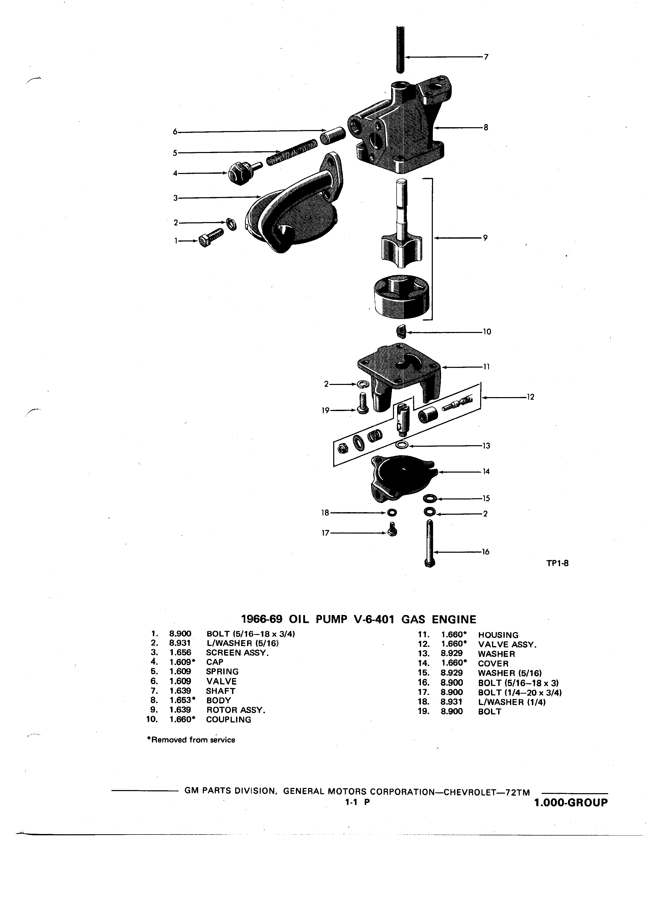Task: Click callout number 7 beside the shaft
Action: point(486,57)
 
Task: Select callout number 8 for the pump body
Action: point(486,128)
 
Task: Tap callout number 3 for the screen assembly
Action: point(175,198)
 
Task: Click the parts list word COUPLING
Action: point(228,719)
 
